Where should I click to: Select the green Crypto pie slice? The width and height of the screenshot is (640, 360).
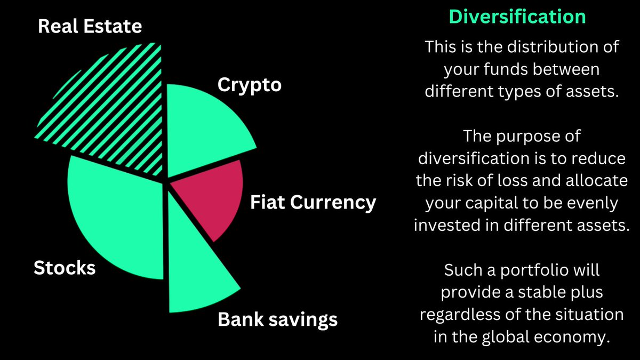[205, 128]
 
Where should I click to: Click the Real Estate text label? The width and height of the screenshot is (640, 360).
[90, 26]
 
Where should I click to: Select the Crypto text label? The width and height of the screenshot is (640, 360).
[249, 84]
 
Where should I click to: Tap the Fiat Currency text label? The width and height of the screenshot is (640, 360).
[313, 203]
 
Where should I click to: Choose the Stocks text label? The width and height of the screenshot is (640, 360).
[65, 267]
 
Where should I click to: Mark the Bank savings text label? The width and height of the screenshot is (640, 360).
[278, 319]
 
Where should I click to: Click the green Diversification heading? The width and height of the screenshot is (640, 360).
[517, 17]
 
